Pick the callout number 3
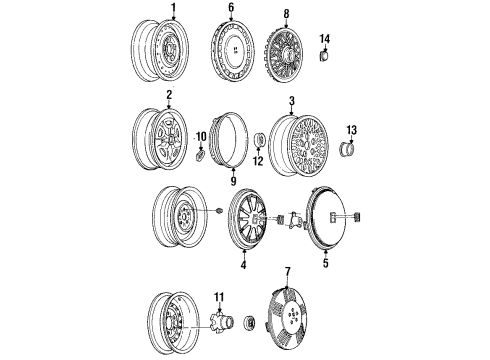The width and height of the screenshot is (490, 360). [291, 101]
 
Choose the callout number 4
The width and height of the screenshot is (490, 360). [241, 265]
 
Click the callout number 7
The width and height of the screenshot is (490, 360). [287, 272]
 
